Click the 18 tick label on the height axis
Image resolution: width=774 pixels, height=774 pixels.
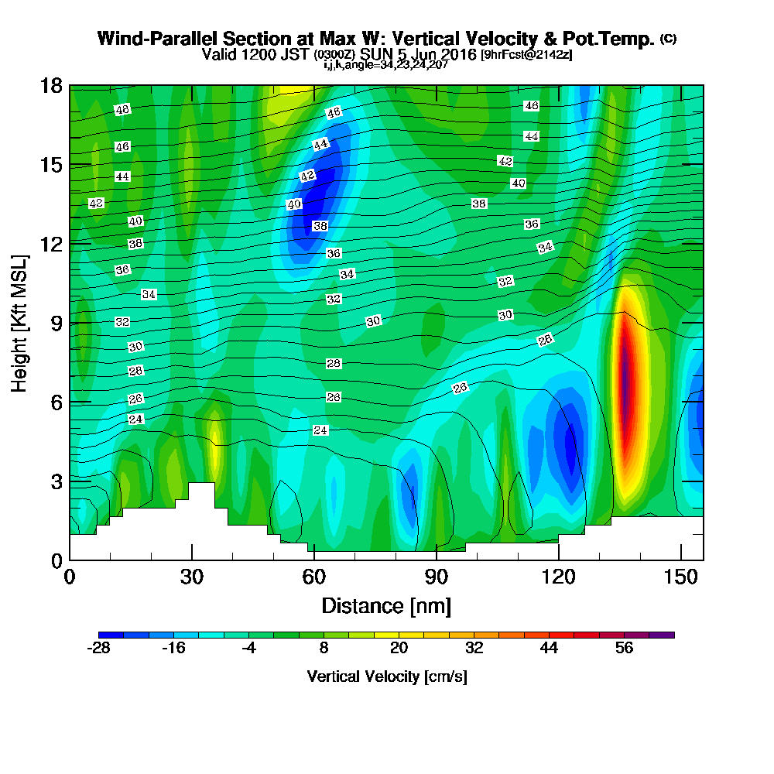(51, 85)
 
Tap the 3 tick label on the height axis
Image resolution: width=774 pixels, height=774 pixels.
(57, 481)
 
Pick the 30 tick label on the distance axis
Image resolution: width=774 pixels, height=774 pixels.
(191, 577)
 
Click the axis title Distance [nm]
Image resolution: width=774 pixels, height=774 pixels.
(385, 605)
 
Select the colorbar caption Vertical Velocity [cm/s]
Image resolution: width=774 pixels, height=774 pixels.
(386, 676)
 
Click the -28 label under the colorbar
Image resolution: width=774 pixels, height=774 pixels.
(98, 649)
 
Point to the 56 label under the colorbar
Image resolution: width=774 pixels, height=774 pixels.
(624, 649)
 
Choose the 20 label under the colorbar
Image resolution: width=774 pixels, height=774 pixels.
(399, 649)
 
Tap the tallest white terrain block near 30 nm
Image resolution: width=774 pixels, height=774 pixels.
(202, 495)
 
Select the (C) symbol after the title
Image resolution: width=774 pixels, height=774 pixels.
(668, 39)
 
